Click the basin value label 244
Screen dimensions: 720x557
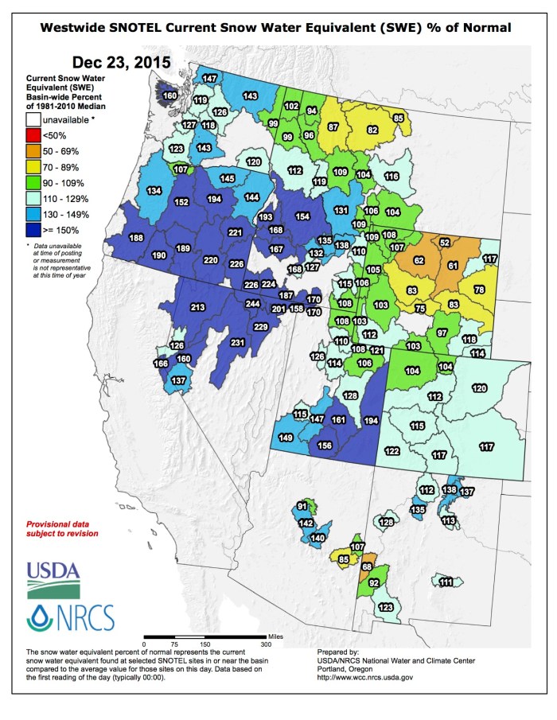[x=252, y=304]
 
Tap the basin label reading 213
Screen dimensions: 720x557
[x=198, y=307]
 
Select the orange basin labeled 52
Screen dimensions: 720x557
[x=445, y=242]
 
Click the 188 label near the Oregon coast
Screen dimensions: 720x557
[x=136, y=238]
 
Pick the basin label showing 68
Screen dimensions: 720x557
[x=366, y=566]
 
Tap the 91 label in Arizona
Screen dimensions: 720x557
[x=302, y=506]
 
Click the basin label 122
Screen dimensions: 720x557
[x=391, y=451]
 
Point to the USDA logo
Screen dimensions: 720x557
[x=54, y=579]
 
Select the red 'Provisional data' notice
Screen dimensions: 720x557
[x=63, y=529]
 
